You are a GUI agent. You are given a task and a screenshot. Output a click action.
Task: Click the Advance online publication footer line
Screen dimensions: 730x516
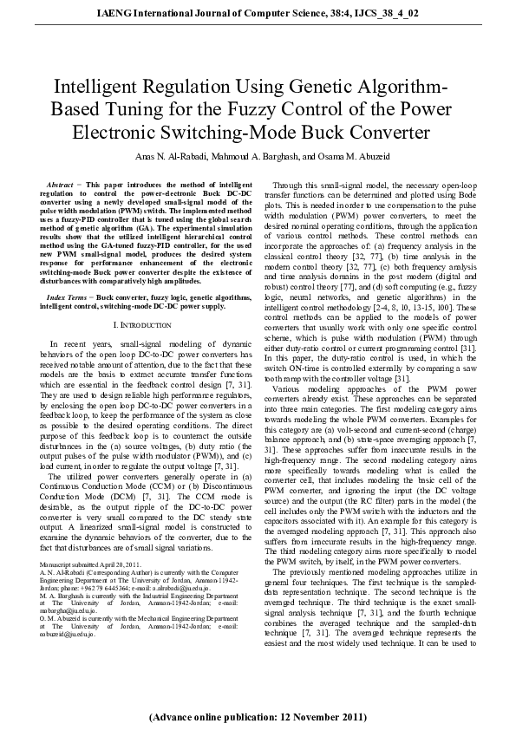258,718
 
